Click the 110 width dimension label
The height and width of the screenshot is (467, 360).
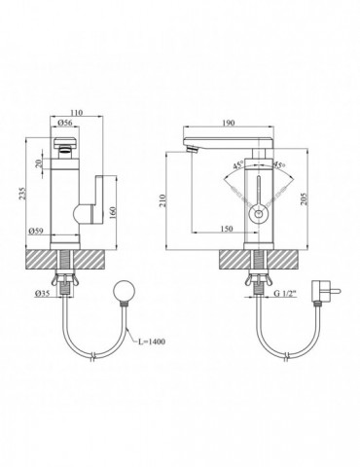(77, 113)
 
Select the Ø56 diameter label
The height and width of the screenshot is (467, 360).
(64, 123)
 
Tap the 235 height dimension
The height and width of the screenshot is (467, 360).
(22, 193)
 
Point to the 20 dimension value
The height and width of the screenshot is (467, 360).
(39, 163)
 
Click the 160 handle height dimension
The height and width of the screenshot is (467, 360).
(113, 212)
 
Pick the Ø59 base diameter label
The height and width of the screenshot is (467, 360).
(36, 231)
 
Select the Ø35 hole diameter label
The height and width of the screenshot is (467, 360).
(42, 293)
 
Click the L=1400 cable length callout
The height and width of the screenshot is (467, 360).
(151, 341)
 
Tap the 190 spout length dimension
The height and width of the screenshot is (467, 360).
(229, 123)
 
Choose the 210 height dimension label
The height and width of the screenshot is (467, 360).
(162, 200)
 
